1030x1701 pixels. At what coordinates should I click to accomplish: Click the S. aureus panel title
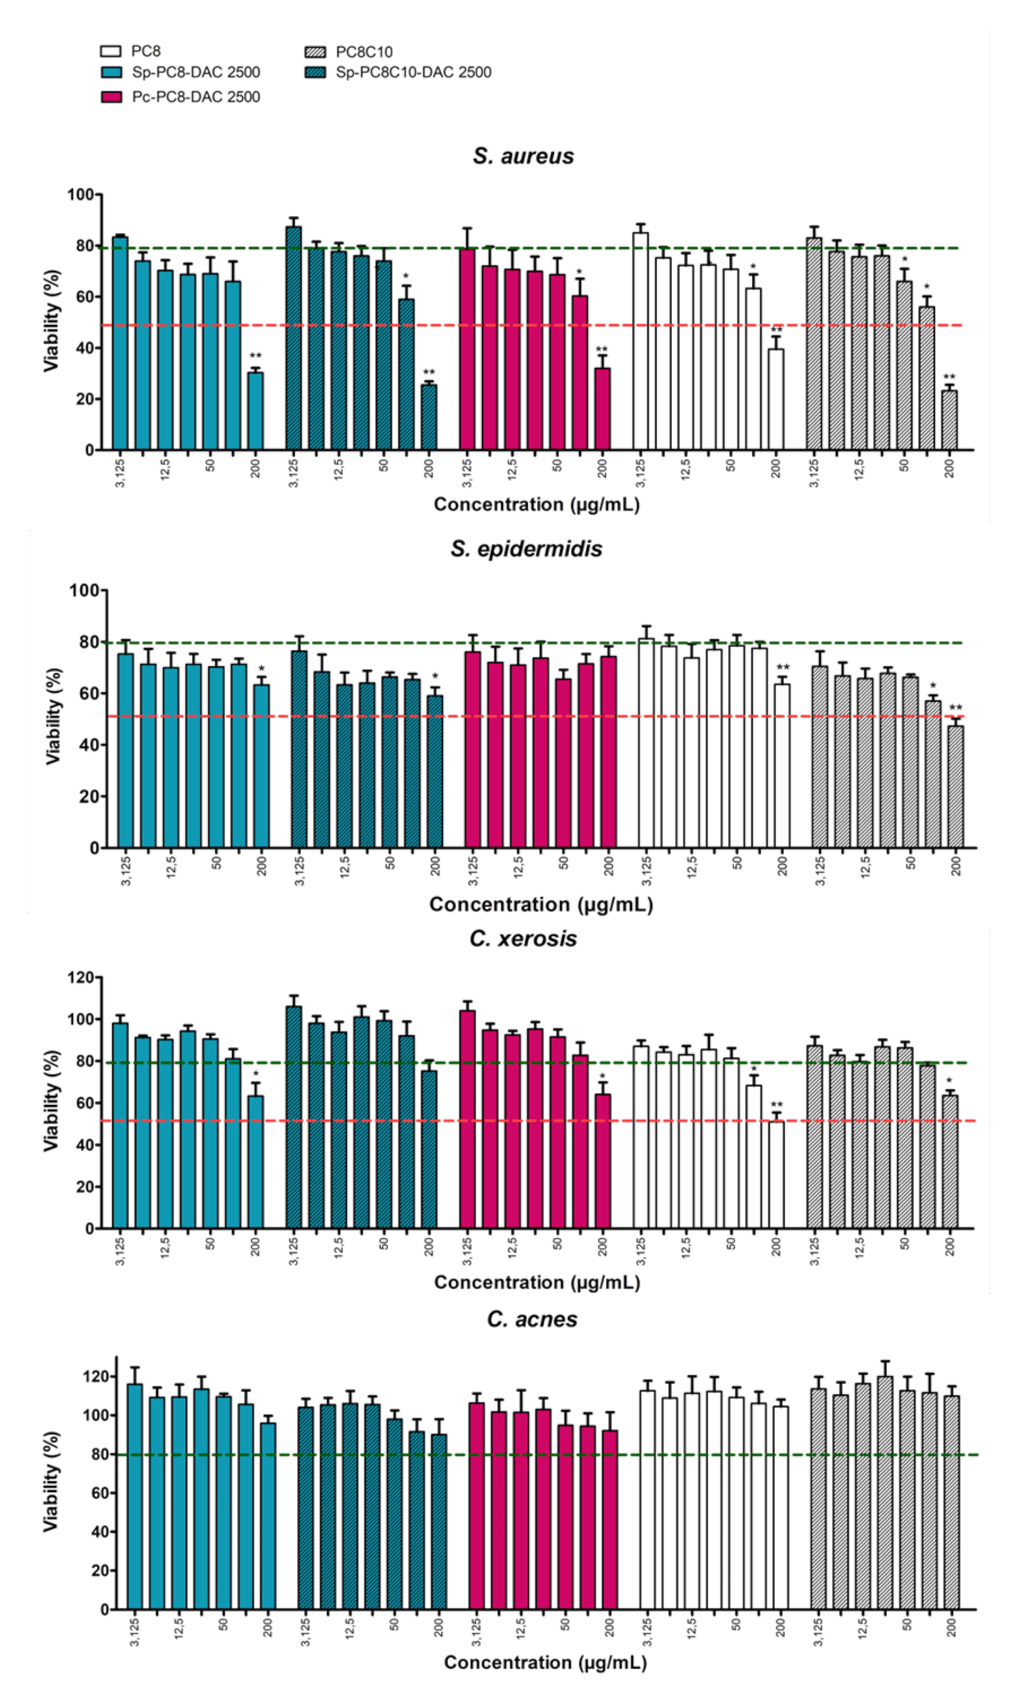click(x=523, y=156)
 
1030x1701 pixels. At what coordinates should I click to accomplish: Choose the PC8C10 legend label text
click(x=364, y=52)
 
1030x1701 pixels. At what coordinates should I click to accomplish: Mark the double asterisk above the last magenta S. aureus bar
click(x=602, y=349)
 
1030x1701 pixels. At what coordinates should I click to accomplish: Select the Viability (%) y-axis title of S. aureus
click(x=52, y=321)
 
